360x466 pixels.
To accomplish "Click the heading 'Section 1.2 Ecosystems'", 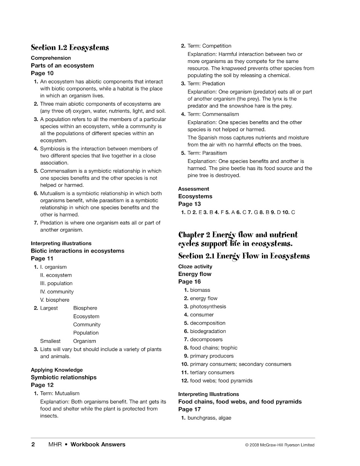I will click(x=70, y=48).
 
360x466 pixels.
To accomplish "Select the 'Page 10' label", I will click(x=42, y=73).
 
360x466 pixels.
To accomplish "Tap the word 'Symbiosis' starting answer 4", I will click(x=52, y=149).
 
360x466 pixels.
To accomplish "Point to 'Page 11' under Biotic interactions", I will click(x=42, y=259).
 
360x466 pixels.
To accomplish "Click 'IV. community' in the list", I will click(x=57, y=292).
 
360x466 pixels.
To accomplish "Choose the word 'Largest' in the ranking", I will click(x=49, y=308).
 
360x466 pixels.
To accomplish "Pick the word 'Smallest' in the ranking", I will click(x=50, y=341).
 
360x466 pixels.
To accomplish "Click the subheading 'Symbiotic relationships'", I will click(x=64, y=377).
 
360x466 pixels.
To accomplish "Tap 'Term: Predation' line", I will click(x=206, y=84).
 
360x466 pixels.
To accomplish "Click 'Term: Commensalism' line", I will click(x=213, y=114).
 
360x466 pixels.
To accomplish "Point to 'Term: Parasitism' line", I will click(x=207, y=153).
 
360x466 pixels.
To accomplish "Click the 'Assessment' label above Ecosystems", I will click(x=193, y=189).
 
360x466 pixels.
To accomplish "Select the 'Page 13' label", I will click(x=190, y=204).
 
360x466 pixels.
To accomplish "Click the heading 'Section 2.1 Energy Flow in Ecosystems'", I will click(x=244, y=256).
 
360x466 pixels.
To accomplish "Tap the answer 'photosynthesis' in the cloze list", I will click(x=208, y=307).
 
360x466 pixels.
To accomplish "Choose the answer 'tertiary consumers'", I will click(x=212, y=372).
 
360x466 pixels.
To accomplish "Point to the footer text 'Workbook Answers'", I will click(x=98, y=445).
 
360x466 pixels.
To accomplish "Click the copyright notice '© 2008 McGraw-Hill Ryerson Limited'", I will click(x=279, y=445).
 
